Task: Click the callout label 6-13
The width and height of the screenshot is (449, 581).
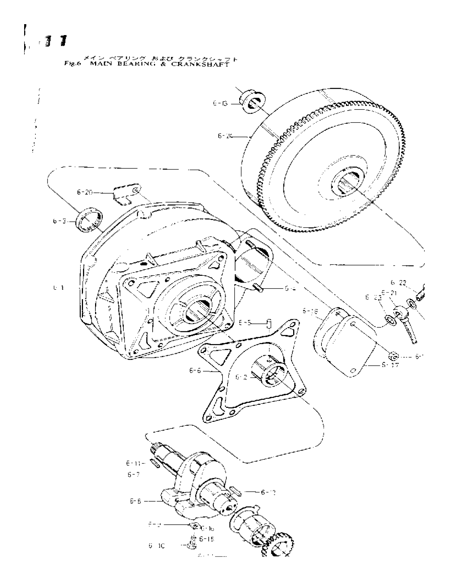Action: tap(220, 103)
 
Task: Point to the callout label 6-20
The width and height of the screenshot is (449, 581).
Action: tap(85, 192)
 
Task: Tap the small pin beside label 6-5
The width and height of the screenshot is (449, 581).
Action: tap(268, 324)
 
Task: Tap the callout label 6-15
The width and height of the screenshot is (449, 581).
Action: tap(206, 539)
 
